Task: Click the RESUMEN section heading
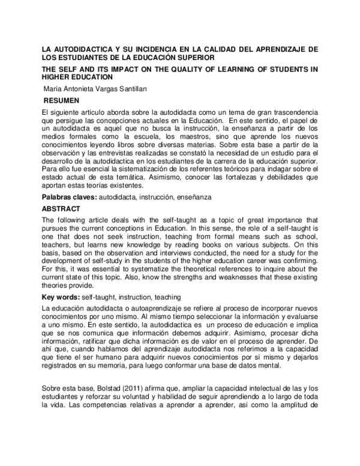62,100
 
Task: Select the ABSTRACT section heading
61,209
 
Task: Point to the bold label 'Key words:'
61,297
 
